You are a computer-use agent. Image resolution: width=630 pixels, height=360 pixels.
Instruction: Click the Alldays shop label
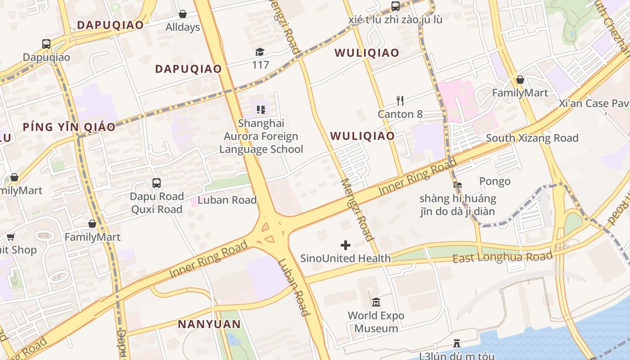[183, 27]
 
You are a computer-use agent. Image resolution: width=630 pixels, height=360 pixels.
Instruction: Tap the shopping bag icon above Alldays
[183, 14]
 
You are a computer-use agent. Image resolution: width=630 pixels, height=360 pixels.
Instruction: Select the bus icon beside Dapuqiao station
[46, 44]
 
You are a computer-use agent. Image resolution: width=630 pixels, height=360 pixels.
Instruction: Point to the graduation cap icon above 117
[260, 52]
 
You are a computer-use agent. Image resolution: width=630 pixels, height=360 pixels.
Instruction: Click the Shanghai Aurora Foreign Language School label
[261, 136]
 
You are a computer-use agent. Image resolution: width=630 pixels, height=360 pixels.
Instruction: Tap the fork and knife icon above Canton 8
[400, 100]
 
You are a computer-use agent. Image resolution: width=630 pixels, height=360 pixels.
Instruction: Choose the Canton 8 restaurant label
[400, 114]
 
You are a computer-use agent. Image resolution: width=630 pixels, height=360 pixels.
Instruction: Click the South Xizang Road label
[532, 138]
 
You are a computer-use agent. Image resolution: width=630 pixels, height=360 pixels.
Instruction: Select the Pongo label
[495, 181]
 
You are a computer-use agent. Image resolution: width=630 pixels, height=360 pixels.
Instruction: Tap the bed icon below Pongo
[458, 185]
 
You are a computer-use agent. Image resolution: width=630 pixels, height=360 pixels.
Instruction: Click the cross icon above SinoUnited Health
[346, 245]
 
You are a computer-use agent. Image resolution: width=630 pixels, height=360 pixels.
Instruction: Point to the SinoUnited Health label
[345, 258]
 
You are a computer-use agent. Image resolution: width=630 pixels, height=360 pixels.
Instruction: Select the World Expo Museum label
[376, 322]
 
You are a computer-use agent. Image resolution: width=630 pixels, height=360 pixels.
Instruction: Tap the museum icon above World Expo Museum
[376, 302]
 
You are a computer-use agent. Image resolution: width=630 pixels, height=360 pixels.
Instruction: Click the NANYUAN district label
[209, 324]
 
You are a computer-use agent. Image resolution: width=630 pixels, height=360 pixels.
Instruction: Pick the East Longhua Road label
[502, 258]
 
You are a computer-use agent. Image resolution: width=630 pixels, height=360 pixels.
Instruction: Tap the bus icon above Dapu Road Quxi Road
[157, 183]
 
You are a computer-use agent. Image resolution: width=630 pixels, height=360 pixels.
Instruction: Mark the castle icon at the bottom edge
[457, 344]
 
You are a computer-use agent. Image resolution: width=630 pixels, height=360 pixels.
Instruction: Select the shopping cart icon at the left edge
[10, 237]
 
